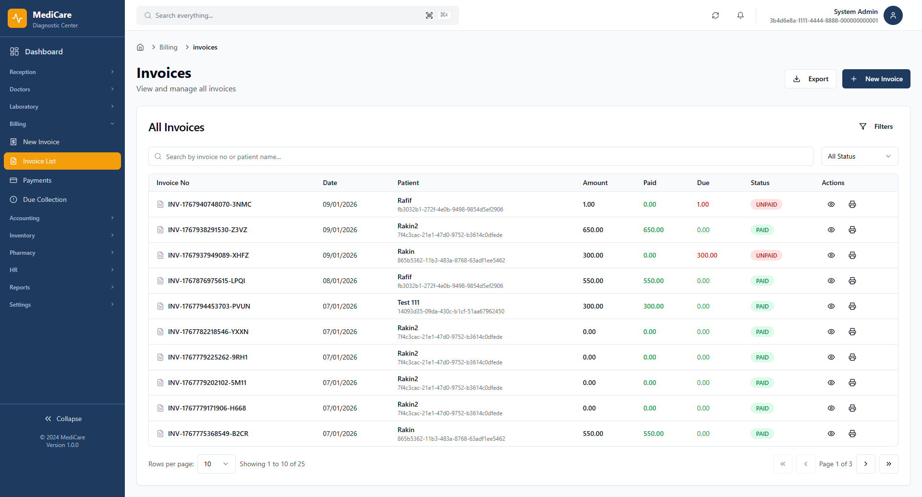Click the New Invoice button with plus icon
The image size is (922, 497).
pyautogui.click(x=876, y=79)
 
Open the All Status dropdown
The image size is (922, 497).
pyautogui.click(x=859, y=156)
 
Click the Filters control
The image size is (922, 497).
pyautogui.click(x=876, y=126)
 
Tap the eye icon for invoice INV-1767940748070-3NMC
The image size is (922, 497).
pyautogui.click(x=831, y=204)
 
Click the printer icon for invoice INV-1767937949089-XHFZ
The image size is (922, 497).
pyautogui.click(x=852, y=255)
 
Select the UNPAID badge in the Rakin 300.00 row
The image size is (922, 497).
pyautogui.click(x=766, y=255)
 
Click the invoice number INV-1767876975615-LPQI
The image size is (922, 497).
pyautogui.click(x=206, y=281)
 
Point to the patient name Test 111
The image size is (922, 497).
pyautogui.click(x=408, y=302)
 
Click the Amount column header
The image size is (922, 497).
pyautogui.click(x=595, y=183)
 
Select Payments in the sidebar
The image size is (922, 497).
pyautogui.click(x=37, y=180)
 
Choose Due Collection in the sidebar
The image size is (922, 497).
pyautogui.click(x=45, y=199)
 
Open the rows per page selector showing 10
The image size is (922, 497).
pyautogui.click(x=216, y=464)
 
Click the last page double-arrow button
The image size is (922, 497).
pyautogui.click(x=888, y=464)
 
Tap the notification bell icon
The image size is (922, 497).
pyautogui.click(x=740, y=15)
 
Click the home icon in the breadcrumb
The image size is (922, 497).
pyautogui.click(x=140, y=47)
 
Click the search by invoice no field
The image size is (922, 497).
pyautogui.click(x=480, y=157)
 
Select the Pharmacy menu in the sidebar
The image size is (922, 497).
pyautogui.click(x=23, y=253)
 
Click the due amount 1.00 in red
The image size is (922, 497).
pyautogui.click(x=703, y=204)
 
